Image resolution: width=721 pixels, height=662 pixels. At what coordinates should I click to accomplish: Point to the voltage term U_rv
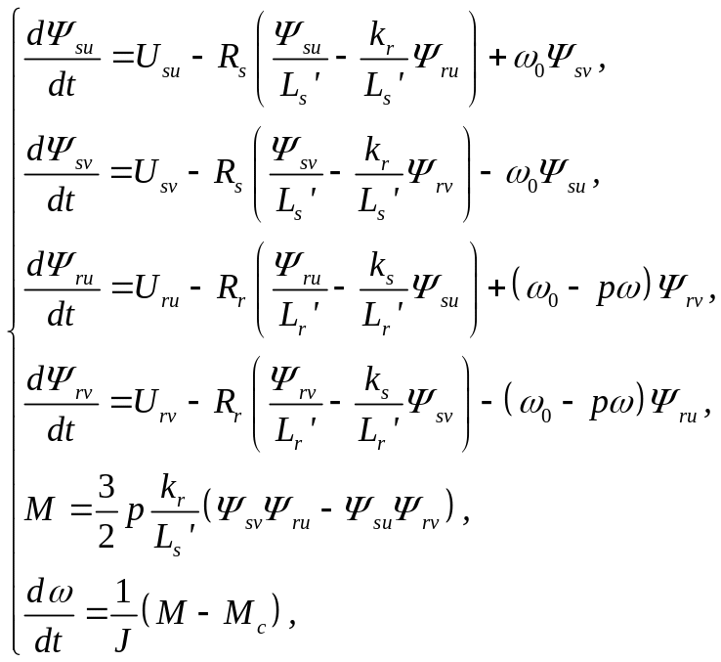coord(150,403)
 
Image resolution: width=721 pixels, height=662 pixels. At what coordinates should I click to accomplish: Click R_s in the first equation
coord(232,66)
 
